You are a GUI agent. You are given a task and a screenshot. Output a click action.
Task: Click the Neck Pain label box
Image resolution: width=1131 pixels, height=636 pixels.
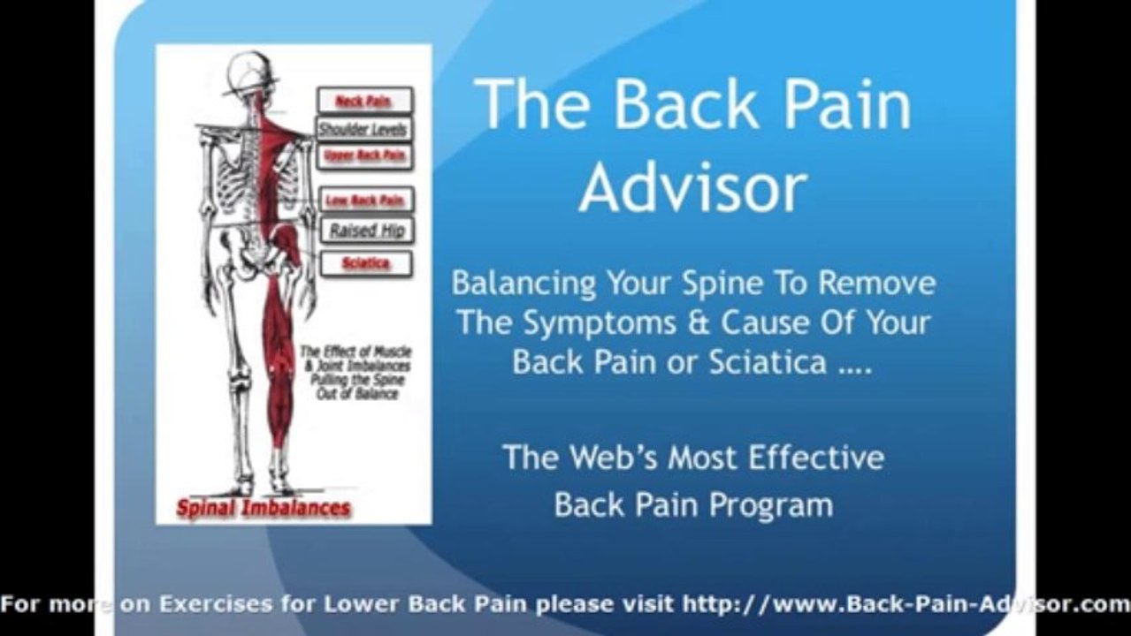pos(364,101)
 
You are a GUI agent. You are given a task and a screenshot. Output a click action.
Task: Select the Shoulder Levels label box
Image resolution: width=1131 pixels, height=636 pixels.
pos(363,129)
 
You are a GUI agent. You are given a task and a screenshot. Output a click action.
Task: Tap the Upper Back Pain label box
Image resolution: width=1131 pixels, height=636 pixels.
pos(364,156)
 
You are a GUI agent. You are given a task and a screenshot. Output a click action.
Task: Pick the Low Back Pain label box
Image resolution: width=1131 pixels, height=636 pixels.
pos(364,201)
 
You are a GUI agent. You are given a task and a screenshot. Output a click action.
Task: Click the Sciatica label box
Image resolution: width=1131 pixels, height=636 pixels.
pos(365,263)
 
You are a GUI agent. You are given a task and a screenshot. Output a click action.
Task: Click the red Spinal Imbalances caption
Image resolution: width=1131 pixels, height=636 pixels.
pos(264,509)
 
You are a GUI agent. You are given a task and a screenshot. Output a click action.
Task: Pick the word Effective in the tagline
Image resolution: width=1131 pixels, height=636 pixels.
pos(815,458)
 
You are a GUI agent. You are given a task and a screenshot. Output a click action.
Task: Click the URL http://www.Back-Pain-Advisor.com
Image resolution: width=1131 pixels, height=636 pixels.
pos(906,605)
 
